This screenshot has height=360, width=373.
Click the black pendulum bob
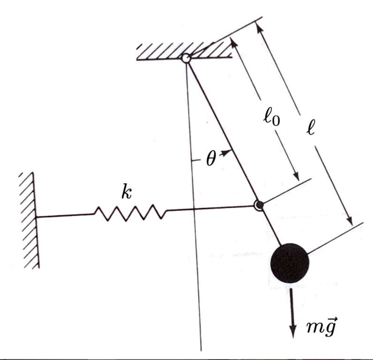tap(290, 262)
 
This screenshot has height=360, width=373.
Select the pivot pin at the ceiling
tap(186, 59)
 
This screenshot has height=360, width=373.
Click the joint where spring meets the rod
tap(258, 205)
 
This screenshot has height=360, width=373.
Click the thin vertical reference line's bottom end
tap(201, 349)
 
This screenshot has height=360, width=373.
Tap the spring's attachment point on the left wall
tap(37, 217)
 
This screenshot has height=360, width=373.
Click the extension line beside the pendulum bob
tap(335, 238)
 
